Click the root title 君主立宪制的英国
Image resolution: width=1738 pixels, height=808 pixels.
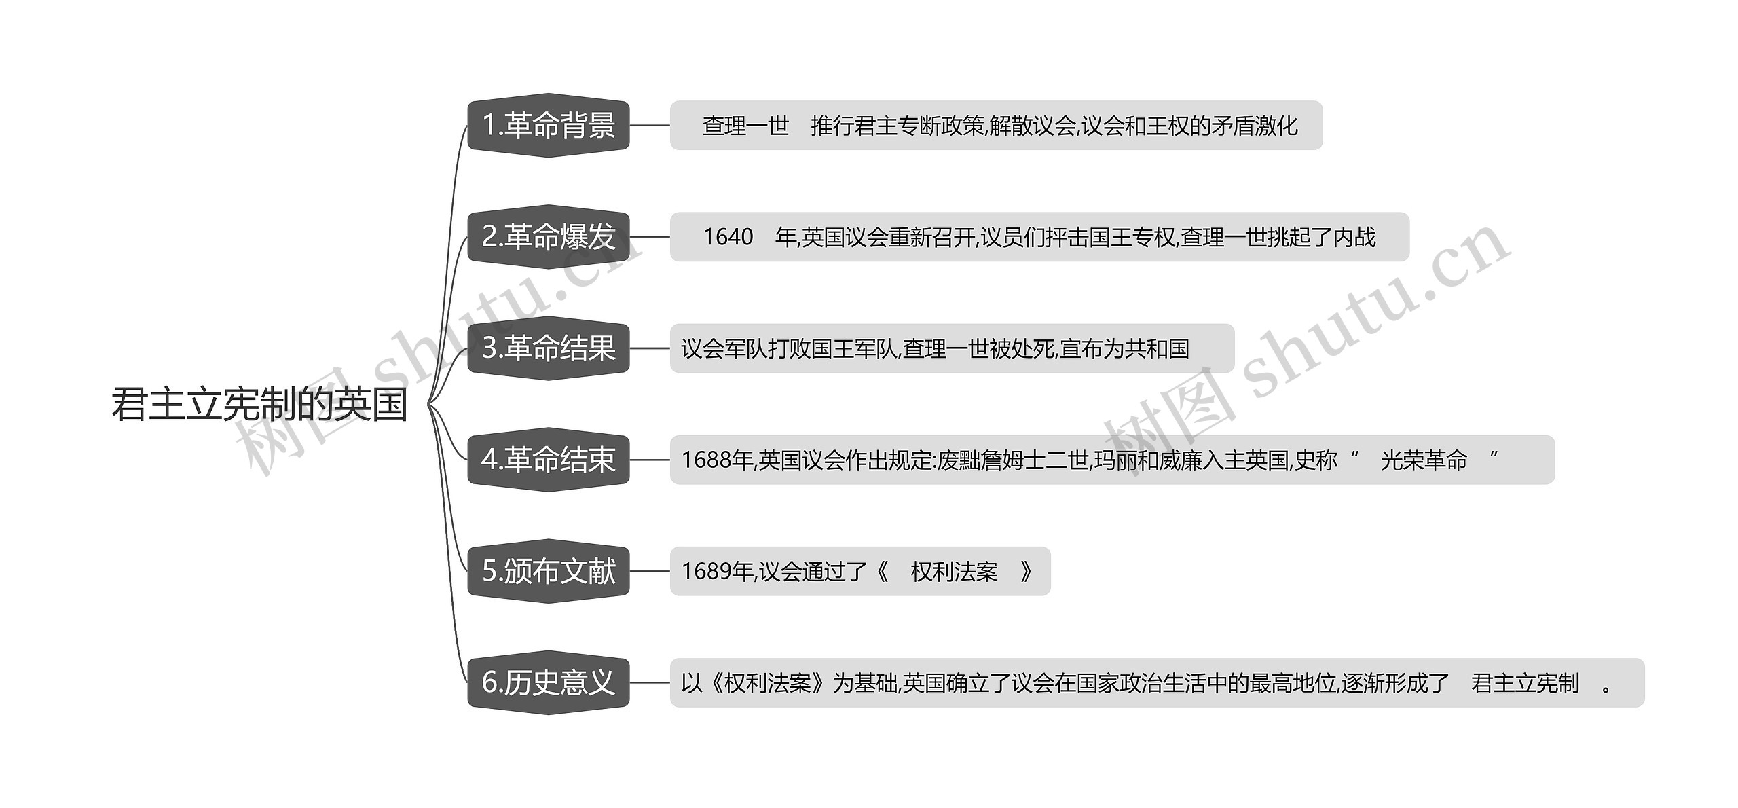(x=259, y=405)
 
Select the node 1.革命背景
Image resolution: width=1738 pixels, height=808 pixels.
(x=549, y=126)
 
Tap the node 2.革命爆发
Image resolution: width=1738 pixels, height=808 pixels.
(x=549, y=237)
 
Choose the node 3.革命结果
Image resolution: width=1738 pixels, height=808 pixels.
(x=549, y=348)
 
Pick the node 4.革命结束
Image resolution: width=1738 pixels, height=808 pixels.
(x=549, y=460)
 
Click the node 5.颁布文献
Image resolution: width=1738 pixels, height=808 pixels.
(x=549, y=571)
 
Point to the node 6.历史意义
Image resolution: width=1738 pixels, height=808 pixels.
(x=549, y=682)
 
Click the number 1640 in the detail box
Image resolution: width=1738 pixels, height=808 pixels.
(x=728, y=237)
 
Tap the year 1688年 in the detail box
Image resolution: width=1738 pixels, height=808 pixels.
(x=717, y=460)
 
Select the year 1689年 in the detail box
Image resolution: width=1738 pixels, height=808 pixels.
(x=717, y=572)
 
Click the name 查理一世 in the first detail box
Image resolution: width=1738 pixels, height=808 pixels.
(x=745, y=126)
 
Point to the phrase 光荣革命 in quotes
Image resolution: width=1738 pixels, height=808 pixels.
(x=1424, y=460)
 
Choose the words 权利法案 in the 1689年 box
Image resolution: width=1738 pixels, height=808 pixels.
(x=954, y=572)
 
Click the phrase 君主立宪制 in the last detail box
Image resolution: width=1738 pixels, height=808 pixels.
(x=1525, y=683)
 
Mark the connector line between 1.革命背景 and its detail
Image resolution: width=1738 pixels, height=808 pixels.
(x=650, y=126)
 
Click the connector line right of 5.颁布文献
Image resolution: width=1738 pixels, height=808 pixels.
(x=650, y=571)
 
